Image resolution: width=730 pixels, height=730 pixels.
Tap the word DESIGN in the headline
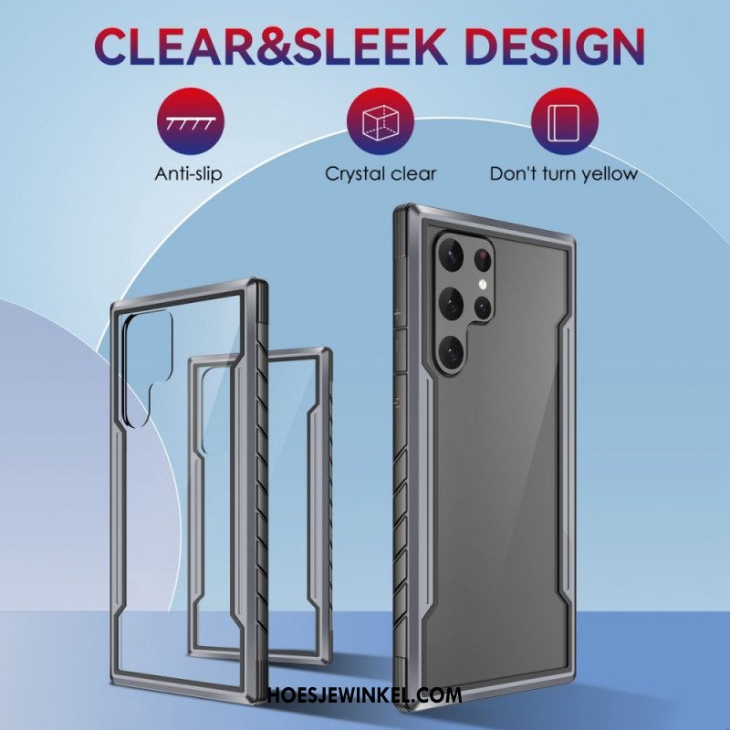click(x=555, y=47)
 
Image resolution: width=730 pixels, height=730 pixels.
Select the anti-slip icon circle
click(x=191, y=121)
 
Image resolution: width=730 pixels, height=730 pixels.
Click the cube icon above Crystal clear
click(x=381, y=121)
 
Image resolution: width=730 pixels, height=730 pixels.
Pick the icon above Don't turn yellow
click(x=565, y=121)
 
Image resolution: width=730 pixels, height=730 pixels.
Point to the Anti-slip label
click(x=189, y=174)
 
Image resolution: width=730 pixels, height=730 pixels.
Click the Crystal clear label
click(x=381, y=174)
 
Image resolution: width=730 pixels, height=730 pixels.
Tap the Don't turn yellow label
click(x=563, y=174)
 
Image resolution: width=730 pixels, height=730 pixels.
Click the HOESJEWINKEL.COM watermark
click(x=364, y=695)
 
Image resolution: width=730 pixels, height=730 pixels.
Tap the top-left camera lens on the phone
click(x=451, y=254)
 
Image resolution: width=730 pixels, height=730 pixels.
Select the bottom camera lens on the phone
click(x=451, y=352)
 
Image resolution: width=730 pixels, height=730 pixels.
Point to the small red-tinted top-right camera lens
click(x=484, y=256)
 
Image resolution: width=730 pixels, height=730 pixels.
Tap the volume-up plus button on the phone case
click(x=399, y=314)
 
